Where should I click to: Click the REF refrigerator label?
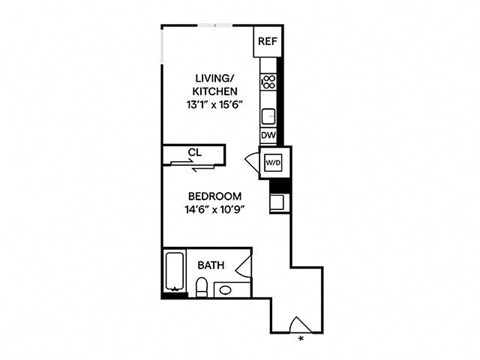(x=266, y=42)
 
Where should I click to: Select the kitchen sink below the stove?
(x=268, y=112)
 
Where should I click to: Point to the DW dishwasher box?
(x=268, y=135)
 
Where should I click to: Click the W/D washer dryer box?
(x=273, y=162)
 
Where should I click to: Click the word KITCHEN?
(x=215, y=91)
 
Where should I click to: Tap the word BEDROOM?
(x=215, y=196)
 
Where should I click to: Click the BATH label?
(x=210, y=266)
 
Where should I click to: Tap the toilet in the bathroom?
(x=201, y=290)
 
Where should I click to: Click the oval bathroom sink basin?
(x=226, y=291)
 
